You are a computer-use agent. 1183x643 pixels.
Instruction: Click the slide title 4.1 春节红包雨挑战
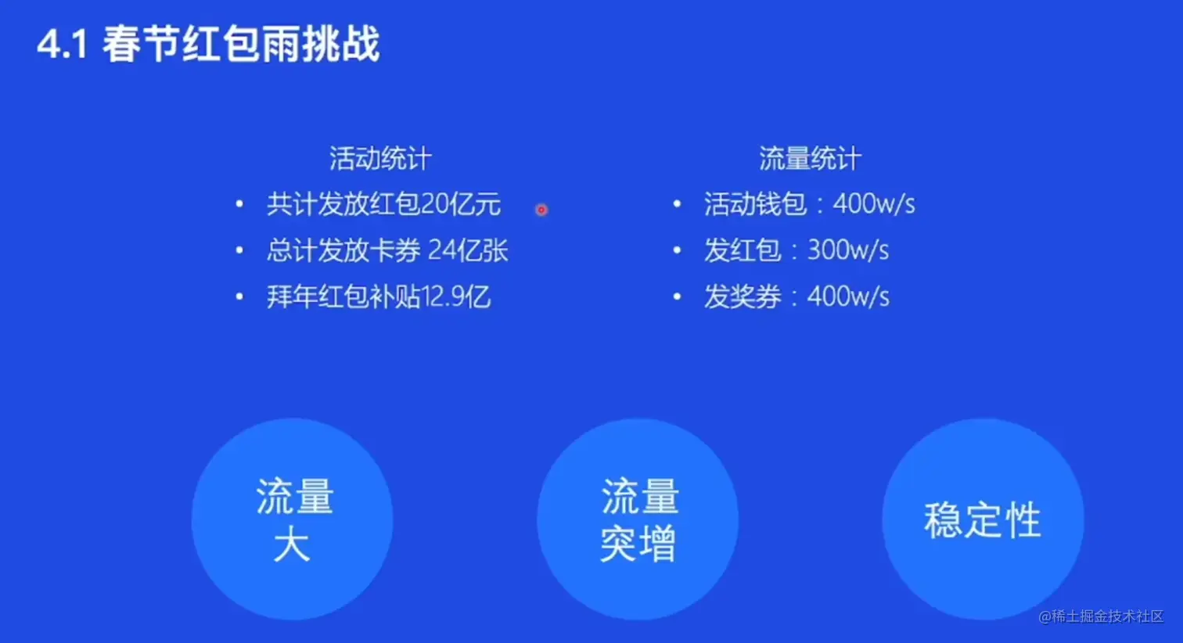[x=208, y=45]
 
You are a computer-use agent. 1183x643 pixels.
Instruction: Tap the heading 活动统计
[x=380, y=158]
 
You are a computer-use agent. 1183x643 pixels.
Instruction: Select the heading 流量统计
[x=810, y=158]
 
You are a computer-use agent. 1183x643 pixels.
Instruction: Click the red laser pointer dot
[x=541, y=210]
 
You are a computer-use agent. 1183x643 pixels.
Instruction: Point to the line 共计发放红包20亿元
[x=383, y=204]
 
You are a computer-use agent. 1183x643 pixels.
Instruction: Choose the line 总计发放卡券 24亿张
[x=387, y=250]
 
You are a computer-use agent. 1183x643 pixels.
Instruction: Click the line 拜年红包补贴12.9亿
[x=379, y=296]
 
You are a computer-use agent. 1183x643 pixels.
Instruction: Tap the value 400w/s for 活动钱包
[x=874, y=204]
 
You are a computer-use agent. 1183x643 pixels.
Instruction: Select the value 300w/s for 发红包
[x=848, y=250]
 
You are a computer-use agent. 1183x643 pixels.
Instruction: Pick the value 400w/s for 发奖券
[x=848, y=296]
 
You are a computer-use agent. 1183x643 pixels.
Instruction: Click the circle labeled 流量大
[x=293, y=519]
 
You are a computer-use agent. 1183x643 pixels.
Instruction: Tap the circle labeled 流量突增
[x=638, y=519]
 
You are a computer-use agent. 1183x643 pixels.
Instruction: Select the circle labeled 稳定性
[x=983, y=519]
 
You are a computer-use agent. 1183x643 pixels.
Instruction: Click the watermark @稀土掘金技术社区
[x=1101, y=616]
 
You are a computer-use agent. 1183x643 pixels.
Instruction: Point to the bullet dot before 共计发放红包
[x=239, y=204]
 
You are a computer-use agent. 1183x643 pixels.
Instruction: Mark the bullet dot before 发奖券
[x=677, y=296]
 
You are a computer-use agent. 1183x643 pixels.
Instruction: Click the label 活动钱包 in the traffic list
[x=755, y=204]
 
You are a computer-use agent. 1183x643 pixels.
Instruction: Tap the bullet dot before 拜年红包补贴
[x=239, y=296]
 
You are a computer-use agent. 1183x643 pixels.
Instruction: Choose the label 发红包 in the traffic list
[x=743, y=250]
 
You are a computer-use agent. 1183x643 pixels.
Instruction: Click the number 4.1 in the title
[x=63, y=45]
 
